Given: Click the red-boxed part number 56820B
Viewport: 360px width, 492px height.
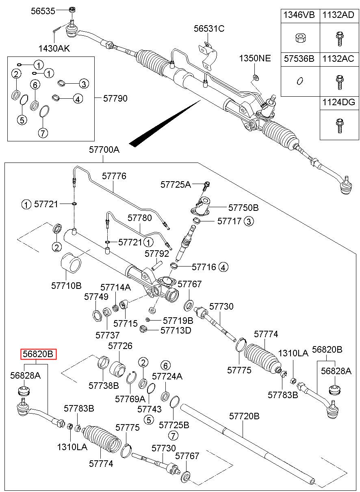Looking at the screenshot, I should pyautogui.click(x=39, y=354).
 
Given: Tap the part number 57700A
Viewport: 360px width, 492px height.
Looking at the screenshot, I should pyautogui.click(x=104, y=150).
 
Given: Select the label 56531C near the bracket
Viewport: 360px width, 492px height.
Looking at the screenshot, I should pyautogui.click(x=209, y=29).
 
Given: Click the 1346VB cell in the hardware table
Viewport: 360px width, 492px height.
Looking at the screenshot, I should pyautogui.click(x=299, y=15).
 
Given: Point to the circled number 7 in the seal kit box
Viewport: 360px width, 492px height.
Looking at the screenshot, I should pyautogui.click(x=43, y=132).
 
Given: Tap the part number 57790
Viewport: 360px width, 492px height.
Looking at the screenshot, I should pyautogui.click(x=115, y=98).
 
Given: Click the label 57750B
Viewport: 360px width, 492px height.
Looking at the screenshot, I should pyautogui.click(x=243, y=208).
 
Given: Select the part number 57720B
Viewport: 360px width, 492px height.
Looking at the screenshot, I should pyautogui.click(x=244, y=416).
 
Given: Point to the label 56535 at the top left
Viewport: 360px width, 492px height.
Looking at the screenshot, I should pyautogui.click(x=43, y=11).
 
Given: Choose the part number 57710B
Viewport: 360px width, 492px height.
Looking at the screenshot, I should pyautogui.click(x=66, y=285).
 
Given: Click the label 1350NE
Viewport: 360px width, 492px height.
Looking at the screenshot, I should pyautogui.click(x=254, y=58).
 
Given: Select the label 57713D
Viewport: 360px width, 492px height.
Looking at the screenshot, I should pyautogui.click(x=176, y=330).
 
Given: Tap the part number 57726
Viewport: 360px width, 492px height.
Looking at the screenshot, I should pyautogui.click(x=120, y=346).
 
